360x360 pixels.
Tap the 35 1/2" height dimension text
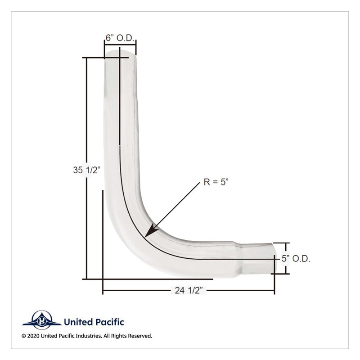(86, 170)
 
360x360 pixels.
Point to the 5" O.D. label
(296, 259)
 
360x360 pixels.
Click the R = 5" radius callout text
(216, 182)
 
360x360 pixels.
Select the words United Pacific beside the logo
(94, 322)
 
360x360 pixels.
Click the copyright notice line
(87, 336)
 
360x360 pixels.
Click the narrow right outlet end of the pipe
(271, 258)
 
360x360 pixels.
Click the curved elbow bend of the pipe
(135, 234)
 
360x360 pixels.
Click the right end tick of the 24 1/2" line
(274, 291)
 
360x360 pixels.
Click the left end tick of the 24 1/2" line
(103, 291)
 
